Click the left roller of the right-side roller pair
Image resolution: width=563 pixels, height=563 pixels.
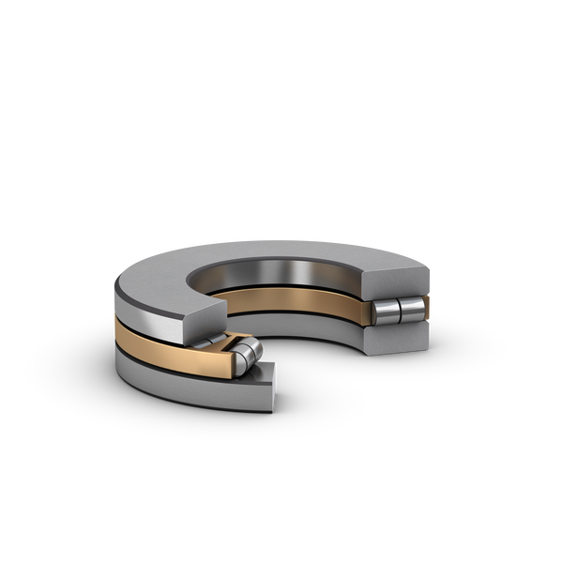[x=387, y=311]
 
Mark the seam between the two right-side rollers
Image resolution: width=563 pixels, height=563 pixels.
[x=398, y=310]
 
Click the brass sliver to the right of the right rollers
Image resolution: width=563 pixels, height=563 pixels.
[x=426, y=308]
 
